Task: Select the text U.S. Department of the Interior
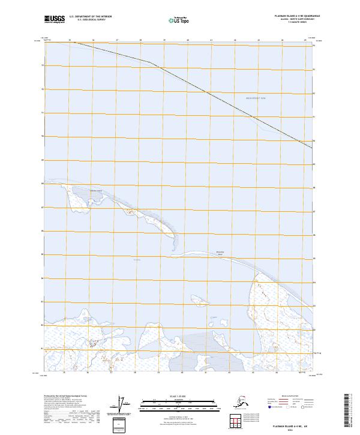91,17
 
